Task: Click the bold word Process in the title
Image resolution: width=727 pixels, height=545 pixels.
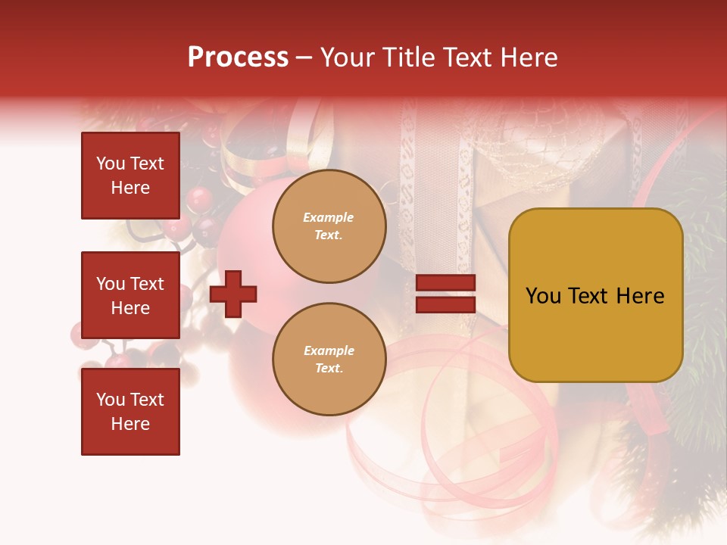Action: pos(238,58)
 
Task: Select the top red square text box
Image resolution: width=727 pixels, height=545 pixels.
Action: pos(130,176)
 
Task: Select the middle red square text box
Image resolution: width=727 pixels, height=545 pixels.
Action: pos(130,295)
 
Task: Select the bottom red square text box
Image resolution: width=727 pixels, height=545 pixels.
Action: pos(130,411)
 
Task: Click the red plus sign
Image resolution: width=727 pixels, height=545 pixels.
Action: pos(233,294)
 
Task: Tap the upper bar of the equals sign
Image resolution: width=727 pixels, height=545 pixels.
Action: pos(446,283)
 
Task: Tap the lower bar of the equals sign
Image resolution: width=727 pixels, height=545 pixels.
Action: pos(446,304)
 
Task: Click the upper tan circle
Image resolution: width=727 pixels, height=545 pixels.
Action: pos(329,226)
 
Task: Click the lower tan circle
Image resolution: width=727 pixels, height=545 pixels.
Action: pos(329,360)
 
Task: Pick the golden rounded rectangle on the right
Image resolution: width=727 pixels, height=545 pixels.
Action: pos(595,295)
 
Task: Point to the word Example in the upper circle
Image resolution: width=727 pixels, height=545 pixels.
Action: pos(328,218)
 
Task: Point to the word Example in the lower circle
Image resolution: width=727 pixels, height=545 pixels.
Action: pos(328,351)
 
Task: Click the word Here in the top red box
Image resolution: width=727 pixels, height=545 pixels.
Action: pos(130,188)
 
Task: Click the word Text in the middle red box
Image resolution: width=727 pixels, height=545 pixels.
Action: pos(147,284)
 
